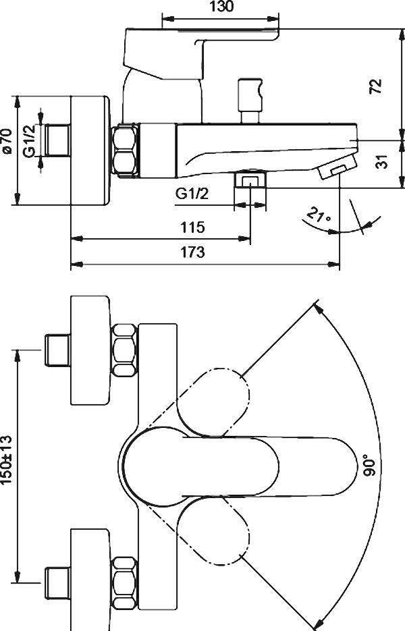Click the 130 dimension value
[x=221, y=7]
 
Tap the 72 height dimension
[x=375, y=86]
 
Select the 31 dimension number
[x=383, y=162]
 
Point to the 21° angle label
[x=319, y=214]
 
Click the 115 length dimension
[x=192, y=227]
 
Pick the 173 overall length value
[x=192, y=252]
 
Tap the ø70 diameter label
[x=6, y=140]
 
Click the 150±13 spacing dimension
[x=7, y=460]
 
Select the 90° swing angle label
[x=371, y=465]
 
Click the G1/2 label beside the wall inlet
[x=30, y=140]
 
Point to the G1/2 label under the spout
[x=192, y=194]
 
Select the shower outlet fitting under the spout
[x=250, y=179]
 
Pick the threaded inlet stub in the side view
[x=57, y=140]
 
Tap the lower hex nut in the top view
[x=124, y=582]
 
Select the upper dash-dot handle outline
[x=213, y=402]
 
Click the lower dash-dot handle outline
[x=213, y=530]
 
